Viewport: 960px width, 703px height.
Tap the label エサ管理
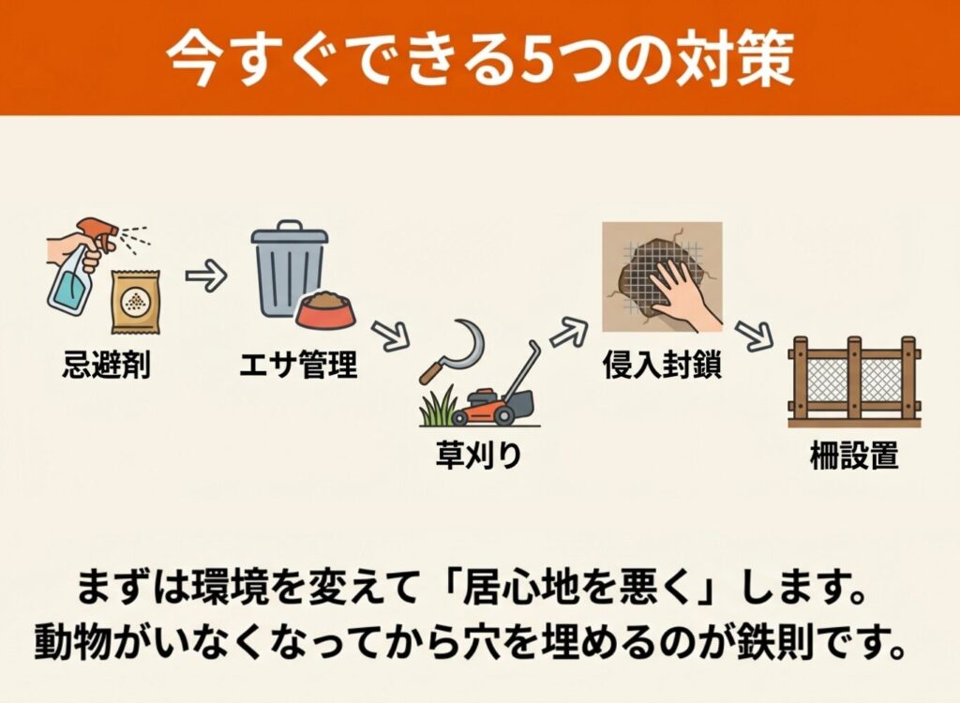(x=298, y=365)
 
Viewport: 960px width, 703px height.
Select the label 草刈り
(x=478, y=455)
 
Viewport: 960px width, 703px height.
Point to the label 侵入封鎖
(x=662, y=366)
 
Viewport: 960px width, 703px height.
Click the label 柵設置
(x=854, y=455)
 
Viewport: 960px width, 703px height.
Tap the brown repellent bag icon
(x=135, y=302)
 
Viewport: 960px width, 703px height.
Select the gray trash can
(x=288, y=269)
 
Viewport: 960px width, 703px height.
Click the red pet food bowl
(x=325, y=310)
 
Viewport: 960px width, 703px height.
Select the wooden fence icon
(x=854, y=381)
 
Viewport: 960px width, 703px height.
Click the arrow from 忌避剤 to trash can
(x=205, y=277)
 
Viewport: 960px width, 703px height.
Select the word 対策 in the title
(x=735, y=59)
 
